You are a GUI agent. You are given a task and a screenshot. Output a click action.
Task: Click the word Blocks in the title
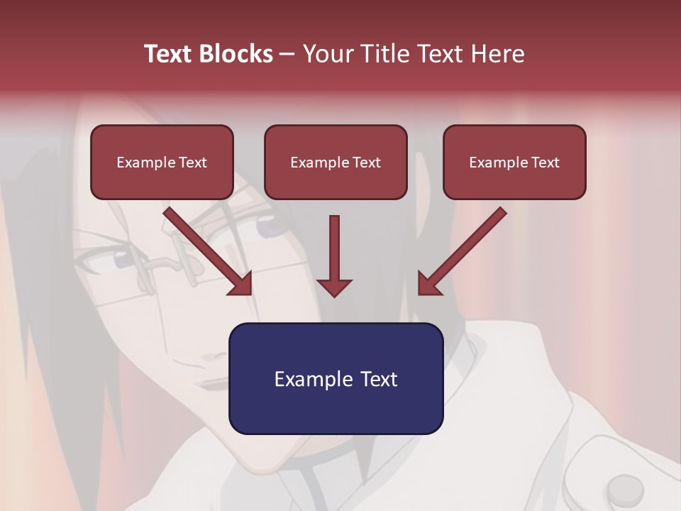238,54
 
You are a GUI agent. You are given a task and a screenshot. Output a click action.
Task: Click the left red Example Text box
162,163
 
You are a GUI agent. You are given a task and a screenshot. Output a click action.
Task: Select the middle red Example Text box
336,163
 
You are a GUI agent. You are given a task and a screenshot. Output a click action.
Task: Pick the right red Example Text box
514,163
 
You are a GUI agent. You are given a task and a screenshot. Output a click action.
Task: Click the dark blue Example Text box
336,378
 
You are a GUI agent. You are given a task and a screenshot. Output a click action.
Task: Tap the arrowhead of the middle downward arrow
334,287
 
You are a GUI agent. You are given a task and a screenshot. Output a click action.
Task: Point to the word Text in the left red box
192,163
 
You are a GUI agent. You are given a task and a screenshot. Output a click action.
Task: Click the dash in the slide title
287,54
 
